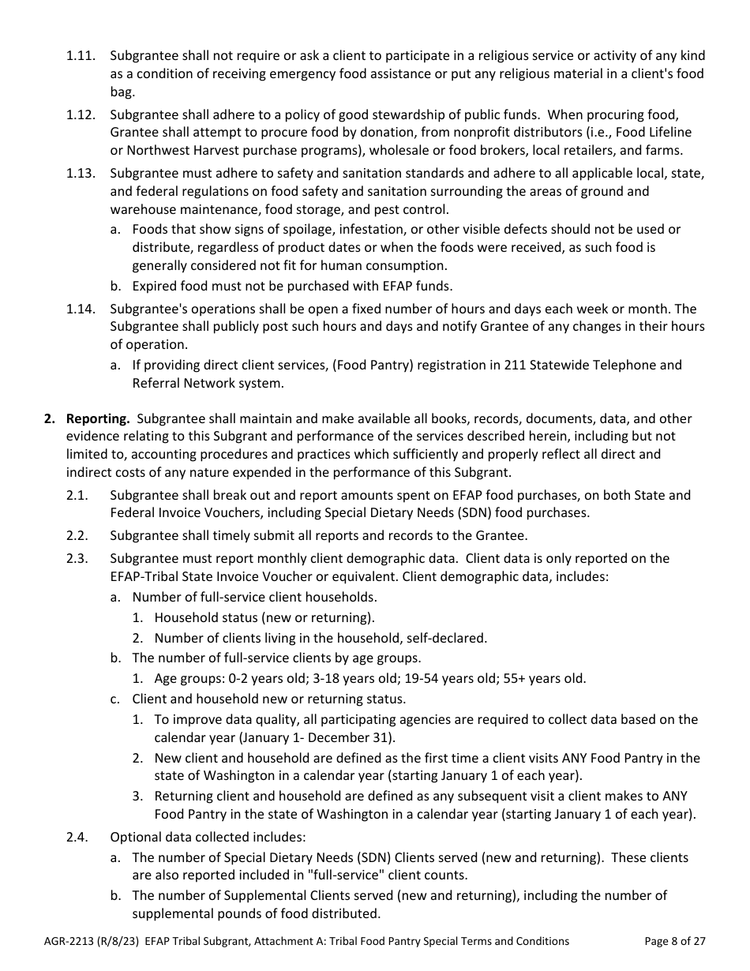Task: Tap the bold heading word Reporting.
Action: coord(97,418)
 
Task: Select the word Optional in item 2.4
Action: coord(135,837)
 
